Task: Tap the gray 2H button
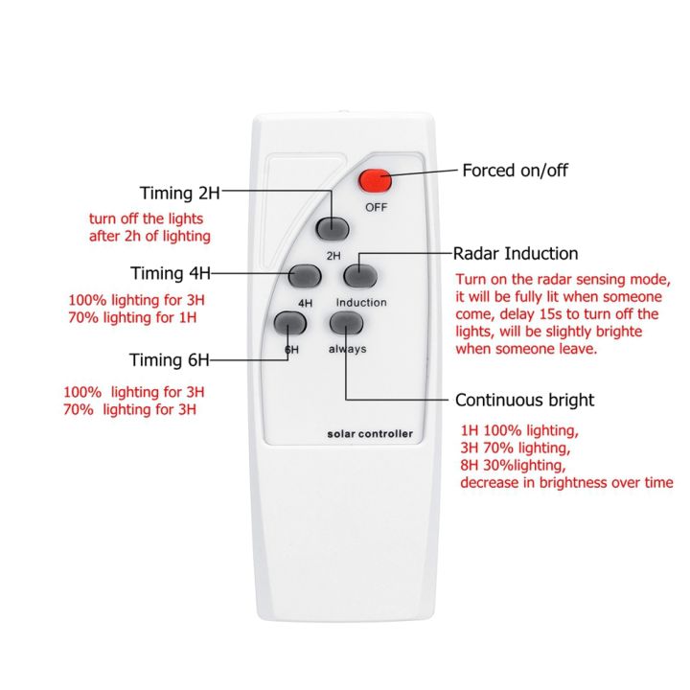pos(333,228)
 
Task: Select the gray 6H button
pos(288,322)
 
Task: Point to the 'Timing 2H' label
pos(180,193)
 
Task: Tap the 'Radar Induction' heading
pos(516,254)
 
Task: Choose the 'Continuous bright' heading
pos(524,400)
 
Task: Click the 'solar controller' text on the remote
pos(368,434)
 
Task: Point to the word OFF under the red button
pos(375,207)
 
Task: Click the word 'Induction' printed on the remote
pos(361,303)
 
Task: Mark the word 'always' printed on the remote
pos(347,349)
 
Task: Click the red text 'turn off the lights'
pos(146,218)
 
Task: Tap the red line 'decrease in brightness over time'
pos(566,483)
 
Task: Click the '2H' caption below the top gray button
pos(333,256)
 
